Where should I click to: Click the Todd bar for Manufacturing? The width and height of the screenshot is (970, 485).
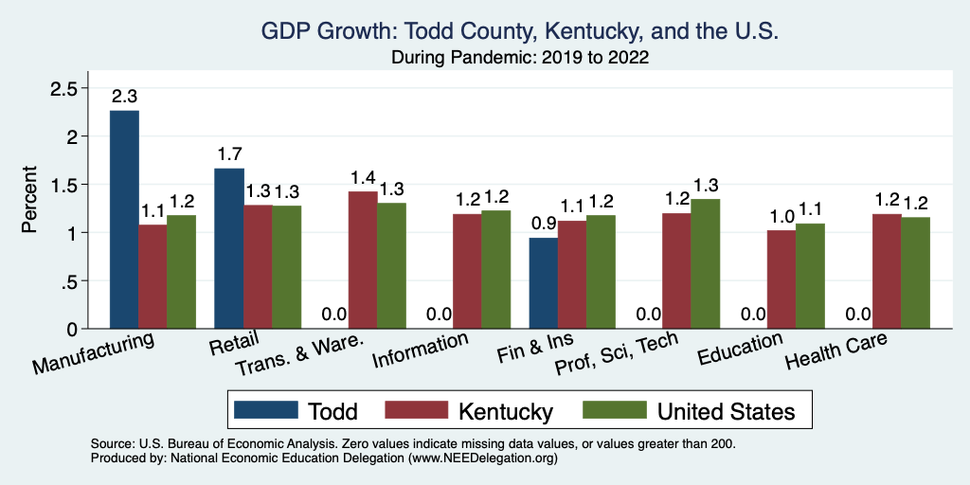tap(124, 220)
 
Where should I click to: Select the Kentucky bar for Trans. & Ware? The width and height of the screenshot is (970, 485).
tap(363, 260)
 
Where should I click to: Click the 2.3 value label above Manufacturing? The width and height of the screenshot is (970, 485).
tap(125, 97)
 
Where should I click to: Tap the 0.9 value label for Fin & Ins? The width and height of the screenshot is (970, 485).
tap(543, 224)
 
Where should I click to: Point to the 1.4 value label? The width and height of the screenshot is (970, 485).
tap(363, 177)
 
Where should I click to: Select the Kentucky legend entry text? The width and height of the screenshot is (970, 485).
tap(505, 411)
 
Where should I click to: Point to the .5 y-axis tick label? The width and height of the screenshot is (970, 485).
tap(74, 281)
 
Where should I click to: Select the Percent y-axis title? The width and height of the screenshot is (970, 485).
tap(30, 201)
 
